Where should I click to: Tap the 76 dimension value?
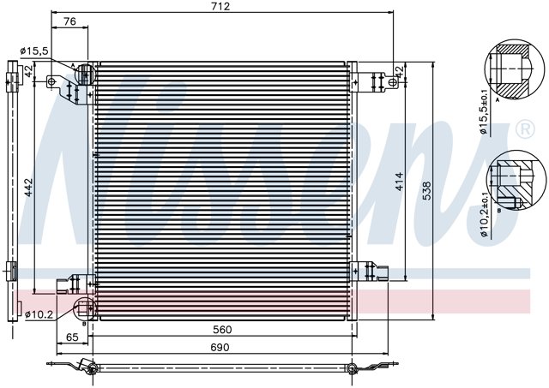click(x=69, y=21)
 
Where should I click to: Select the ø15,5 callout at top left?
click(x=34, y=51)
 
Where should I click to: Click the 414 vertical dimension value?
click(x=399, y=182)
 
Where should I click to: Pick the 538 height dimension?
click(x=426, y=190)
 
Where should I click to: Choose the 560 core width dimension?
click(x=222, y=329)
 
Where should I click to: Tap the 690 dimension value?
click(x=220, y=347)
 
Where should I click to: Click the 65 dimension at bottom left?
click(x=72, y=337)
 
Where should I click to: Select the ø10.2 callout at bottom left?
click(x=39, y=315)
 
